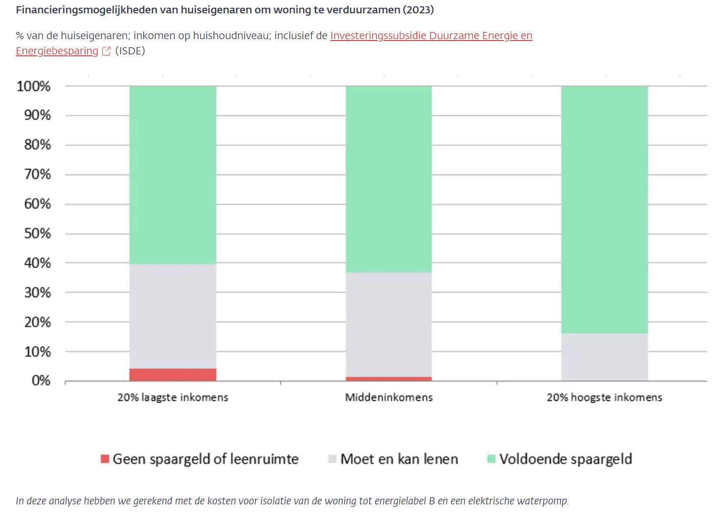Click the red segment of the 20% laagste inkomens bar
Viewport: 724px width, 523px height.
[x=172, y=375]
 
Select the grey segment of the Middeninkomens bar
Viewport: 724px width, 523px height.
[x=388, y=324]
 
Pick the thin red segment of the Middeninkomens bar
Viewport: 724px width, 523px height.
[x=388, y=379]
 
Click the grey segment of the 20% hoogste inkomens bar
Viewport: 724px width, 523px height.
[x=604, y=356]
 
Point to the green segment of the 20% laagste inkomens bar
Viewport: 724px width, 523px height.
[x=172, y=175]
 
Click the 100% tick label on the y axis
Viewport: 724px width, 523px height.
[x=33, y=86]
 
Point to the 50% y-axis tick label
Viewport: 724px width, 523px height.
[x=37, y=233]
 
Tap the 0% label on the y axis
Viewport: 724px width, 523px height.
[x=41, y=380]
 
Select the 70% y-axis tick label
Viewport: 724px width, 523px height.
[x=37, y=174]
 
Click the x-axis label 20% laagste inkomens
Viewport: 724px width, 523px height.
[x=172, y=397]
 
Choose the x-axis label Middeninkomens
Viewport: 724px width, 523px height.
[x=389, y=397]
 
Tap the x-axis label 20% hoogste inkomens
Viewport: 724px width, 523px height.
[x=604, y=397]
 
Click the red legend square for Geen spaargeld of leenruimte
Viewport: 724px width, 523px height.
[x=105, y=459]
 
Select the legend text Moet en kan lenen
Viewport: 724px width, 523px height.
[x=399, y=459]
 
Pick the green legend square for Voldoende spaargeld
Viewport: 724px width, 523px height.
[x=491, y=459]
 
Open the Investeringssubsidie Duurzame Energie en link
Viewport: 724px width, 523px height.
[x=431, y=36]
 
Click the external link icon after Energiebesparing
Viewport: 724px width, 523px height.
[x=106, y=51]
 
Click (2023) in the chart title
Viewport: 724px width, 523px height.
[x=418, y=10]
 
